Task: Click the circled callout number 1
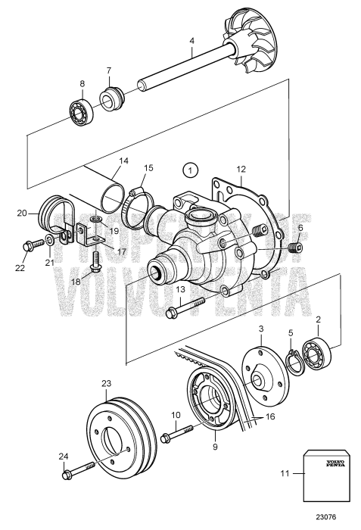pos(191,169)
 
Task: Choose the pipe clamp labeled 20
pos(52,217)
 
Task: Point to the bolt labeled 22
pos(32,245)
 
